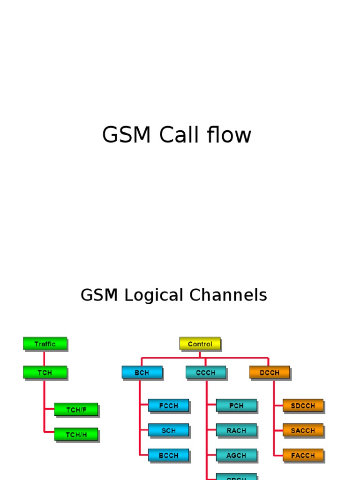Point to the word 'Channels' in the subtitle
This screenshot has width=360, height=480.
[228, 295]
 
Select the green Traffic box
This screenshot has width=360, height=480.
[45, 344]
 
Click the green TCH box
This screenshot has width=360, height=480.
[45, 373]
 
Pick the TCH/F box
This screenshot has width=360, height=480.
[76, 409]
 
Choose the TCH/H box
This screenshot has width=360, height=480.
[76, 434]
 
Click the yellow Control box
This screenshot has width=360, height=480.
[200, 344]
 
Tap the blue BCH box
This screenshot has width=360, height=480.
[142, 373]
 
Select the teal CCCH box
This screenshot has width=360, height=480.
[205, 373]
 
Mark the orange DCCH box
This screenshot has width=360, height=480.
[269, 373]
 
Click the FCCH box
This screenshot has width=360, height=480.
[168, 405]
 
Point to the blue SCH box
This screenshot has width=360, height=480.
[168, 430]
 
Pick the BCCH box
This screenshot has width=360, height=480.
[168, 455]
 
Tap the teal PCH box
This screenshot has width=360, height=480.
[236, 405]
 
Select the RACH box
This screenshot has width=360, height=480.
[236, 430]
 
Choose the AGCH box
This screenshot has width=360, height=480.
[236, 455]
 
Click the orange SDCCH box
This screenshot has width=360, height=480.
[303, 405]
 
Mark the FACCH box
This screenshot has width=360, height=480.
[303, 455]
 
